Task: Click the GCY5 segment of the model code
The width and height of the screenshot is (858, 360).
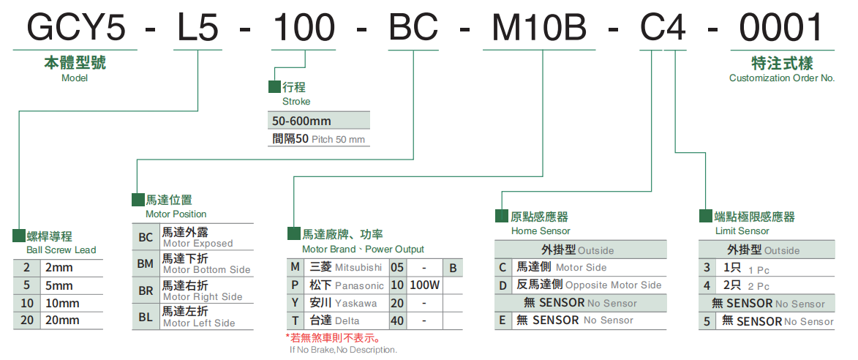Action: [76, 27]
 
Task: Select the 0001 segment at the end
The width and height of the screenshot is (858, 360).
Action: [781, 27]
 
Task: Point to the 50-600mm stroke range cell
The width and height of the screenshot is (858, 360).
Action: [301, 121]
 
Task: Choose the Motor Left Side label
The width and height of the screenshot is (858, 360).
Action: [199, 323]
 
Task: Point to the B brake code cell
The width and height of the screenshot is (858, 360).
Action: [453, 268]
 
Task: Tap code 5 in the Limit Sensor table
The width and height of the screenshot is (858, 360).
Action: [707, 320]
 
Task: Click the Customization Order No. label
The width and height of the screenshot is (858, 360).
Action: [782, 78]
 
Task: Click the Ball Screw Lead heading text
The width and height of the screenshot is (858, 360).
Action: [61, 250]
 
